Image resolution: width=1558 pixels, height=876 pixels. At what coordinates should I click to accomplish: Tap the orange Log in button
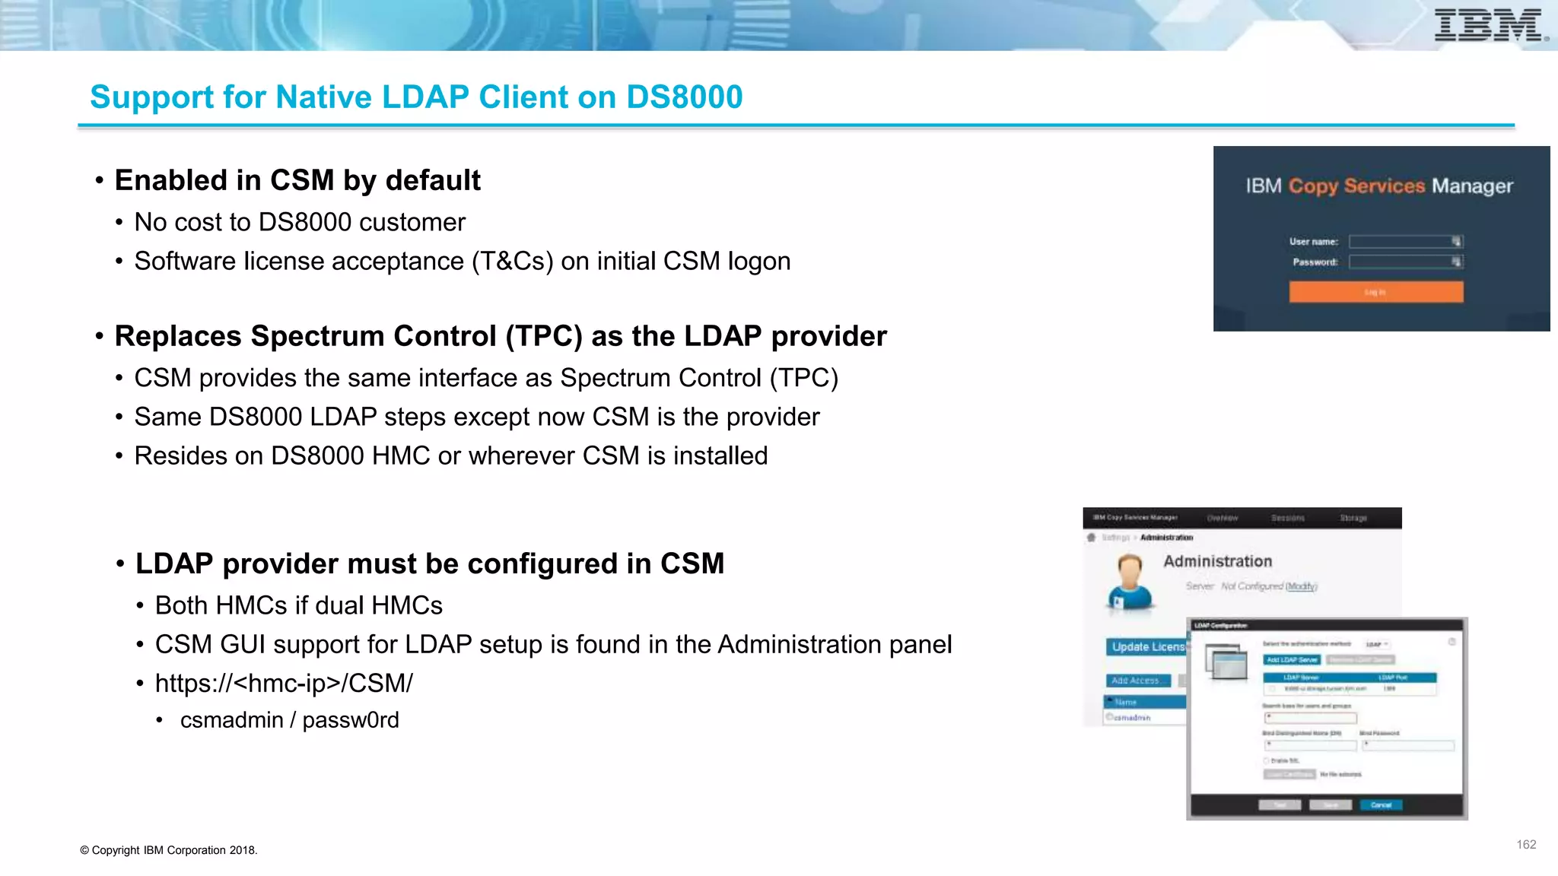pyautogui.click(x=1375, y=292)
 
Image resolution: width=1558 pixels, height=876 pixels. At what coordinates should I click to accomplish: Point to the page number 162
pyautogui.click(x=1525, y=845)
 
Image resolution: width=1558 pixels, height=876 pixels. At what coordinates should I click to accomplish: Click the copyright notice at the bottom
pyautogui.click(x=169, y=850)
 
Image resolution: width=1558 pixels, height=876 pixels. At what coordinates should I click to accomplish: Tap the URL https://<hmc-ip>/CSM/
pyautogui.click(x=284, y=683)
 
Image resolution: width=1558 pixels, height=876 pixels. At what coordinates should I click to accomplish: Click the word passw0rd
pyautogui.click(x=351, y=720)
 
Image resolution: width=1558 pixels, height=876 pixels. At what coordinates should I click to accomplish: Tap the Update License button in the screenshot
pyautogui.click(x=1146, y=647)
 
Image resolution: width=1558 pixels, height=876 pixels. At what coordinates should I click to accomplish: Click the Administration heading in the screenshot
pyautogui.click(x=1217, y=561)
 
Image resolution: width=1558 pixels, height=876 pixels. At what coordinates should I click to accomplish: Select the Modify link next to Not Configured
pyautogui.click(x=1301, y=586)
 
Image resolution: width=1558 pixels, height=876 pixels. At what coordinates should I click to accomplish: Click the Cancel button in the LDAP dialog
pyautogui.click(x=1381, y=805)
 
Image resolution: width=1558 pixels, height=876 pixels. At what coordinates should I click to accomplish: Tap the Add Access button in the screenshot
pyautogui.click(x=1136, y=681)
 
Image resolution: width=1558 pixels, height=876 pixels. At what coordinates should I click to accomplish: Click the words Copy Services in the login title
pyautogui.click(x=1356, y=186)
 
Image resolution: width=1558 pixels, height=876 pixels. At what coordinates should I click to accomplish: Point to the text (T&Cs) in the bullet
pyautogui.click(x=512, y=262)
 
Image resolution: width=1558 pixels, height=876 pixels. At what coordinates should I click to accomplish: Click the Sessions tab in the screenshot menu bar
pyautogui.click(x=1287, y=518)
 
